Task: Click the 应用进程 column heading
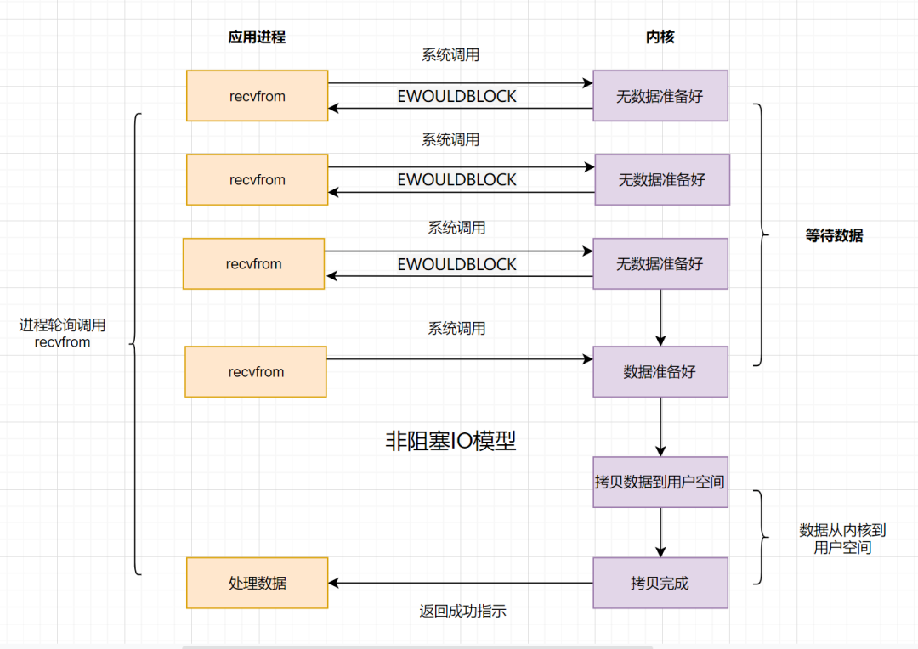pyautogui.click(x=257, y=37)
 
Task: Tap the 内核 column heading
pyautogui.click(x=660, y=37)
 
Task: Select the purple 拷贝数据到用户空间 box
pyautogui.click(x=660, y=482)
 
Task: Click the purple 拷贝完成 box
pyautogui.click(x=660, y=583)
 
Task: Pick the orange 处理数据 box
pyautogui.click(x=257, y=583)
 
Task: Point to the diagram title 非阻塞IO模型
pyautogui.click(x=450, y=441)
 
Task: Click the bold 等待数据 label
pyautogui.click(x=834, y=236)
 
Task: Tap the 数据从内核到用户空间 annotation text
pyautogui.click(x=842, y=539)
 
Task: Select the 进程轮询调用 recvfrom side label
pyautogui.click(x=63, y=334)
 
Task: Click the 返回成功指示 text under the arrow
pyautogui.click(x=462, y=611)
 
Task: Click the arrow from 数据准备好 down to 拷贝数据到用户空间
pyautogui.click(x=660, y=426)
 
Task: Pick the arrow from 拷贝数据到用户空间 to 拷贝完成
pyautogui.click(x=660, y=532)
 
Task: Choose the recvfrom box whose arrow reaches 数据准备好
pyautogui.click(x=256, y=371)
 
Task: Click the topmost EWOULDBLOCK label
pyautogui.click(x=456, y=97)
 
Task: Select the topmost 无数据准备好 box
pyautogui.click(x=660, y=96)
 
